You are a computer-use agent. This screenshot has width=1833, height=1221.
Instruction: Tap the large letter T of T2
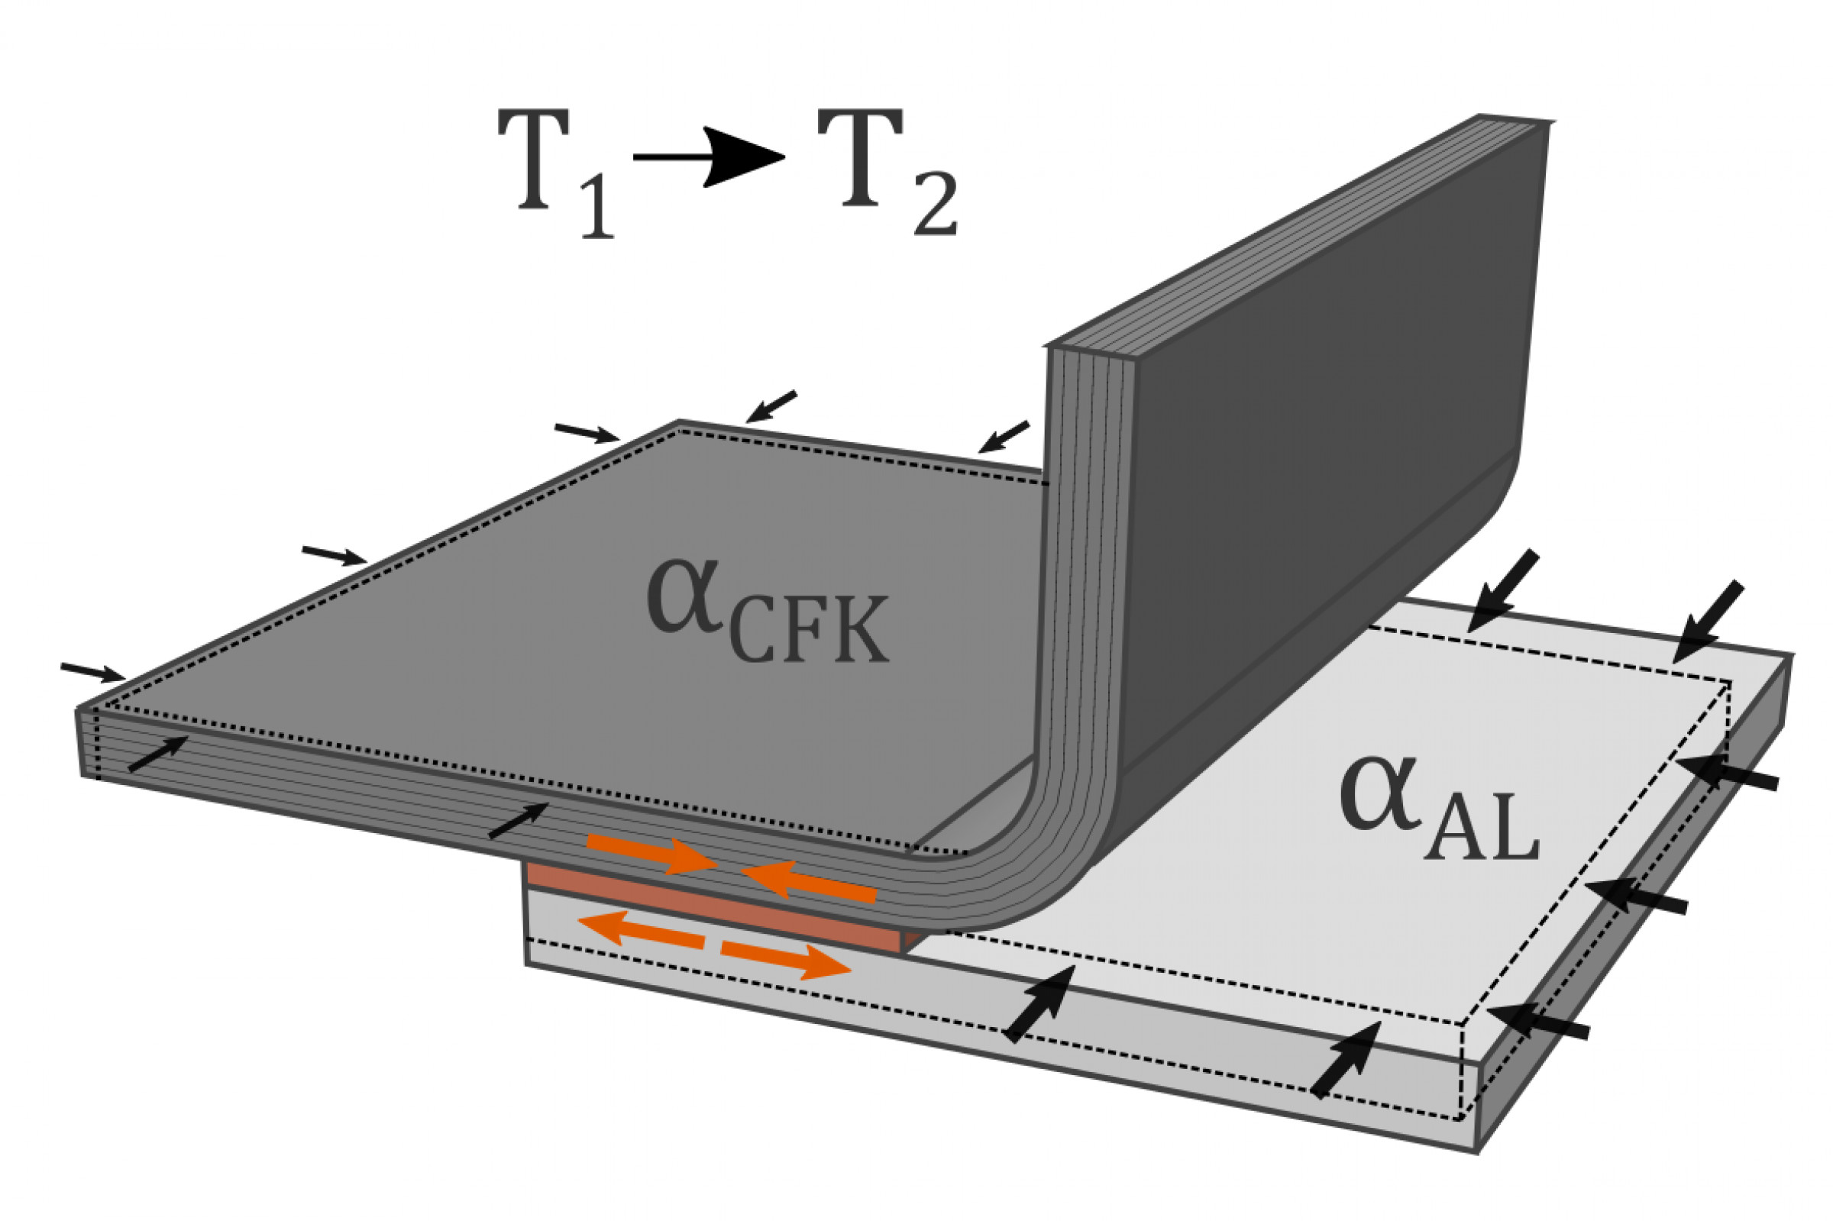click(860, 160)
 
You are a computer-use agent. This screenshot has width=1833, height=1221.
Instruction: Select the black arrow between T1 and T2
click(709, 157)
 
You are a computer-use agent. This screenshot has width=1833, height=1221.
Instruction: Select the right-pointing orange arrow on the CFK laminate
click(650, 853)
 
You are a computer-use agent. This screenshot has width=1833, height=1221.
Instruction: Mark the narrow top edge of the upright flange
click(1292, 234)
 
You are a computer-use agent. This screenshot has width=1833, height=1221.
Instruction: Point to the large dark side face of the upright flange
click(1324, 436)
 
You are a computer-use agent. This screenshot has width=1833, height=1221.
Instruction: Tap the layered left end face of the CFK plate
click(89, 744)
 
